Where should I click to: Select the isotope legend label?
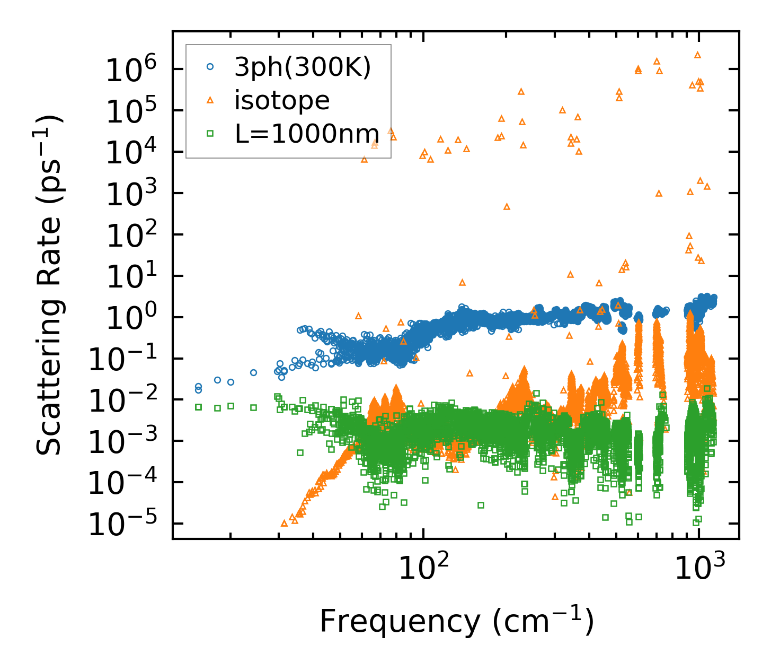(282, 100)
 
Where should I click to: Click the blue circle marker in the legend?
(210, 67)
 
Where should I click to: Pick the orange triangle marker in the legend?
(210, 100)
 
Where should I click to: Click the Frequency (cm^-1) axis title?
(456, 621)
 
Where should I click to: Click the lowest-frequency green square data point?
(199, 407)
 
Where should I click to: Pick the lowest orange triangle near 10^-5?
(284, 523)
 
